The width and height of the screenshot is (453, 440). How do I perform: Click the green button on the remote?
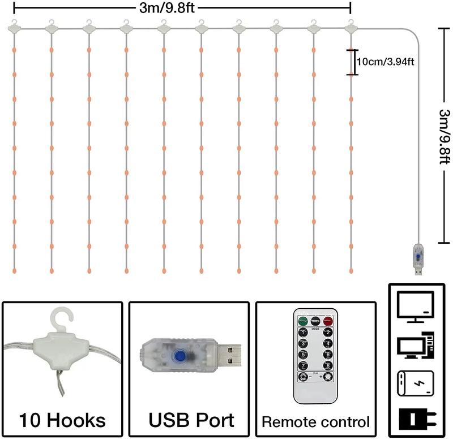coord(301,321)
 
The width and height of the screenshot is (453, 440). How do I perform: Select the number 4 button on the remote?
coord(327,343)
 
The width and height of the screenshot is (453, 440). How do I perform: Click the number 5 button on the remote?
coord(303,355)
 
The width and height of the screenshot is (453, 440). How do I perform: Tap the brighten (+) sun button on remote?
coord(327,377)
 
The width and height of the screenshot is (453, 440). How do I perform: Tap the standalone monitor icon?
coord(416,306)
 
